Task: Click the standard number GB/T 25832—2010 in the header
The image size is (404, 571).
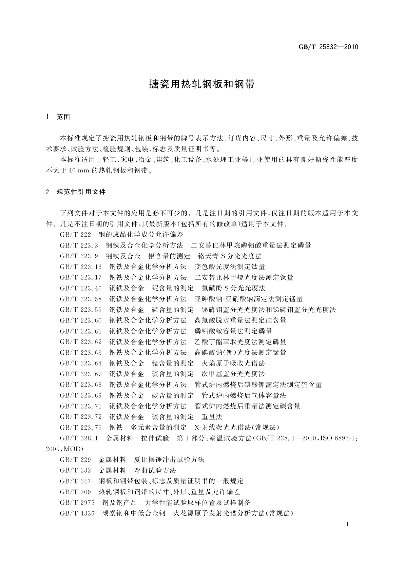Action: [x=328, y=47]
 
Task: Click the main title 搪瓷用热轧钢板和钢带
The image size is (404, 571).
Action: [x=202, y=84]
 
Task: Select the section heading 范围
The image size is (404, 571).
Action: [x=63, y=117]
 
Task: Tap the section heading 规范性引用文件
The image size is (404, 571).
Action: [x=81, y=192]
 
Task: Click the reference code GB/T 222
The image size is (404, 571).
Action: [x=75, y=235]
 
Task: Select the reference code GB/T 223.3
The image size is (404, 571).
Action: [x=79, y=245]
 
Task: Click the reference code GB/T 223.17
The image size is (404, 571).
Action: [x=81, y=277]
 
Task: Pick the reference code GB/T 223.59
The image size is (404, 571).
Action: [x=81, y=310]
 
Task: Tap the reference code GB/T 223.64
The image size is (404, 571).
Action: [x=81, y=363]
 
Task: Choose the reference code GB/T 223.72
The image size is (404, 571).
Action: [x=81, y=417]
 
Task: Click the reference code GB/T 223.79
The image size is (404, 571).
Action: [x=81, y=427]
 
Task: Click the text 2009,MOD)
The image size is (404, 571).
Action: [x=64, y=449]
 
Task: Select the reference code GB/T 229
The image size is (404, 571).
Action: [x=75, y=460]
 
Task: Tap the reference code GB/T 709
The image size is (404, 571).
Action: [x=75, y=492]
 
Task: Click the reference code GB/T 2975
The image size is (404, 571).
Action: [x=77, y=503]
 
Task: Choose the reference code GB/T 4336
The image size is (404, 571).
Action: [x=77, y=513]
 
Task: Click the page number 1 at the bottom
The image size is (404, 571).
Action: [x=348, y=524]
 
